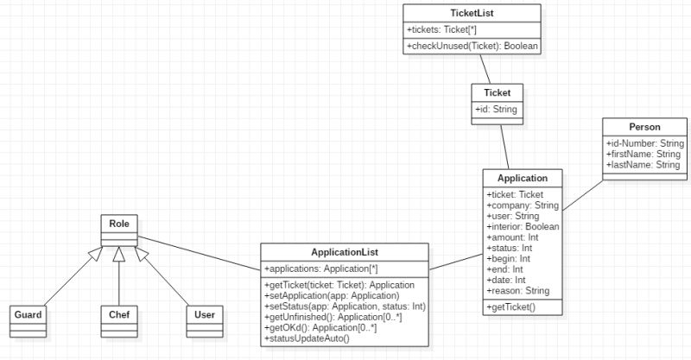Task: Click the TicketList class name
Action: [x=472, y=13]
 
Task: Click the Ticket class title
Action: [x=497, y=92]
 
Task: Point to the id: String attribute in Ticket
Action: [x=496, y=110]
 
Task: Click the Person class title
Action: [x=644, y=126]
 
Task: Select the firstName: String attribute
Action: [x=643, y=154]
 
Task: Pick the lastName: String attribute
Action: [x=643, y=165]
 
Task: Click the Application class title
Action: [x=523, y=178]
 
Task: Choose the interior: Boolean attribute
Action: [x=523, y=226]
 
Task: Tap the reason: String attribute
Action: [x=518, y=290]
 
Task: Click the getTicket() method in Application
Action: [x=511, y=308]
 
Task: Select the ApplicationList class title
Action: [x=344, y=252]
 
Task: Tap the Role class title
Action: [x=118, y=224]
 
